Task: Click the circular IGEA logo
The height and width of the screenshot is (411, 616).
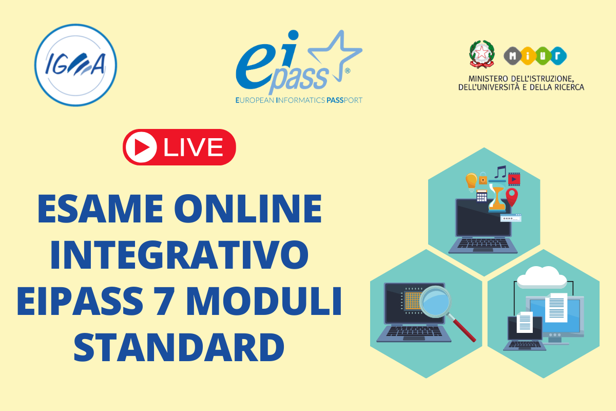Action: point(75,65)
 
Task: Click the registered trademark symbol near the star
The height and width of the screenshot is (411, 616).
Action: point(348,71)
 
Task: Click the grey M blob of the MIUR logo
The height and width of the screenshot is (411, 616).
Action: point(512,56)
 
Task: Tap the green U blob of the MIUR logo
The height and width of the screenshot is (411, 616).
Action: point(543,56)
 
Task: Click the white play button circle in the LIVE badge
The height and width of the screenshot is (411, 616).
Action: point(141,147)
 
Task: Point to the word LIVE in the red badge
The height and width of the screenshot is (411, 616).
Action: point(193,147)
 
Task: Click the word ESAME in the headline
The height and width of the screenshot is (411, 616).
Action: point(101,209)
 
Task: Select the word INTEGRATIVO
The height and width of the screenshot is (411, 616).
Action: point(179,255)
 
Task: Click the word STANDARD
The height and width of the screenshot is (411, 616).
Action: point(179,347)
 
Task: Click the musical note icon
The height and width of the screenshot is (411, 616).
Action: point(500,172)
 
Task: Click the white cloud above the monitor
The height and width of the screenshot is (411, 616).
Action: point(542,277)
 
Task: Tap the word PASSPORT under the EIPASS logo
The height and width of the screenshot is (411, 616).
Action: point(344,100)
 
